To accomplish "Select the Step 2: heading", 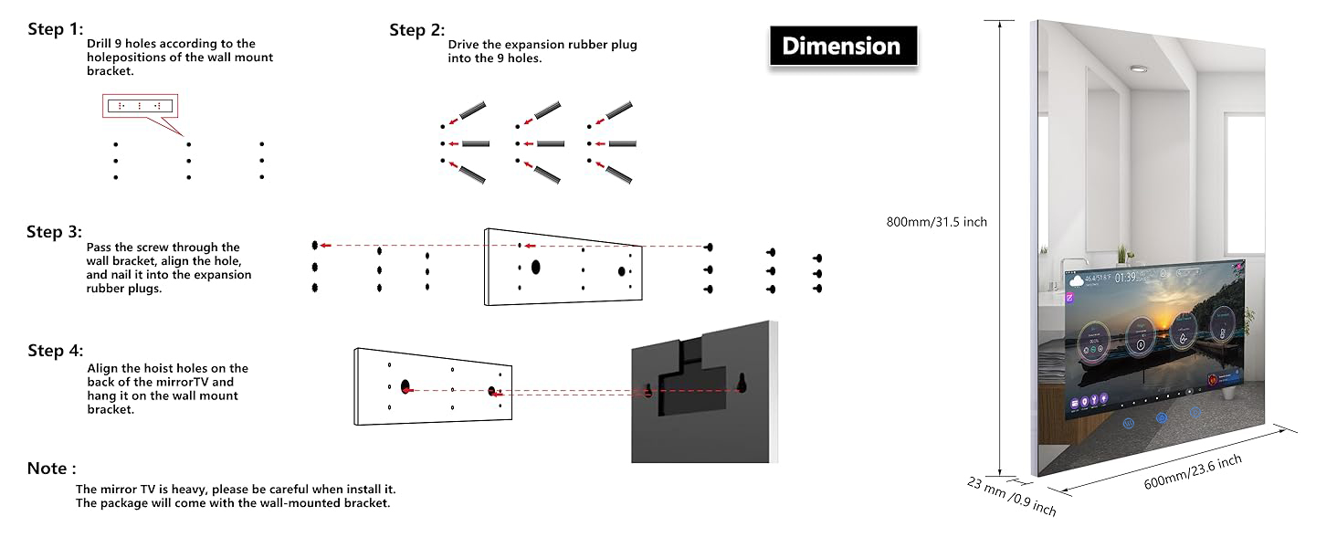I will [x=416, y=30].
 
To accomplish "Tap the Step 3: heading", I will [x=54, y=232].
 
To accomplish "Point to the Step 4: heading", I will [x=55, y=351].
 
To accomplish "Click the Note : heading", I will [x=51, y=469].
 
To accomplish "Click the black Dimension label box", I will [x=841, y=46].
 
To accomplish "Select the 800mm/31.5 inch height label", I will [x=936, y=222].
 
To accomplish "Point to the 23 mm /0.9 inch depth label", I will [x=1012, y=496].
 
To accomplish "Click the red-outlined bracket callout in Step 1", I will [x=140, y=107].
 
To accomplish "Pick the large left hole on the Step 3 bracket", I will [x=535, y=268].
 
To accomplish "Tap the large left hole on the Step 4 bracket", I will [x=405, y=389].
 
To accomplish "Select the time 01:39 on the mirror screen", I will [x=1126, y=277].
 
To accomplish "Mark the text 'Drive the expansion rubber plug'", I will [x=542, y=45].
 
